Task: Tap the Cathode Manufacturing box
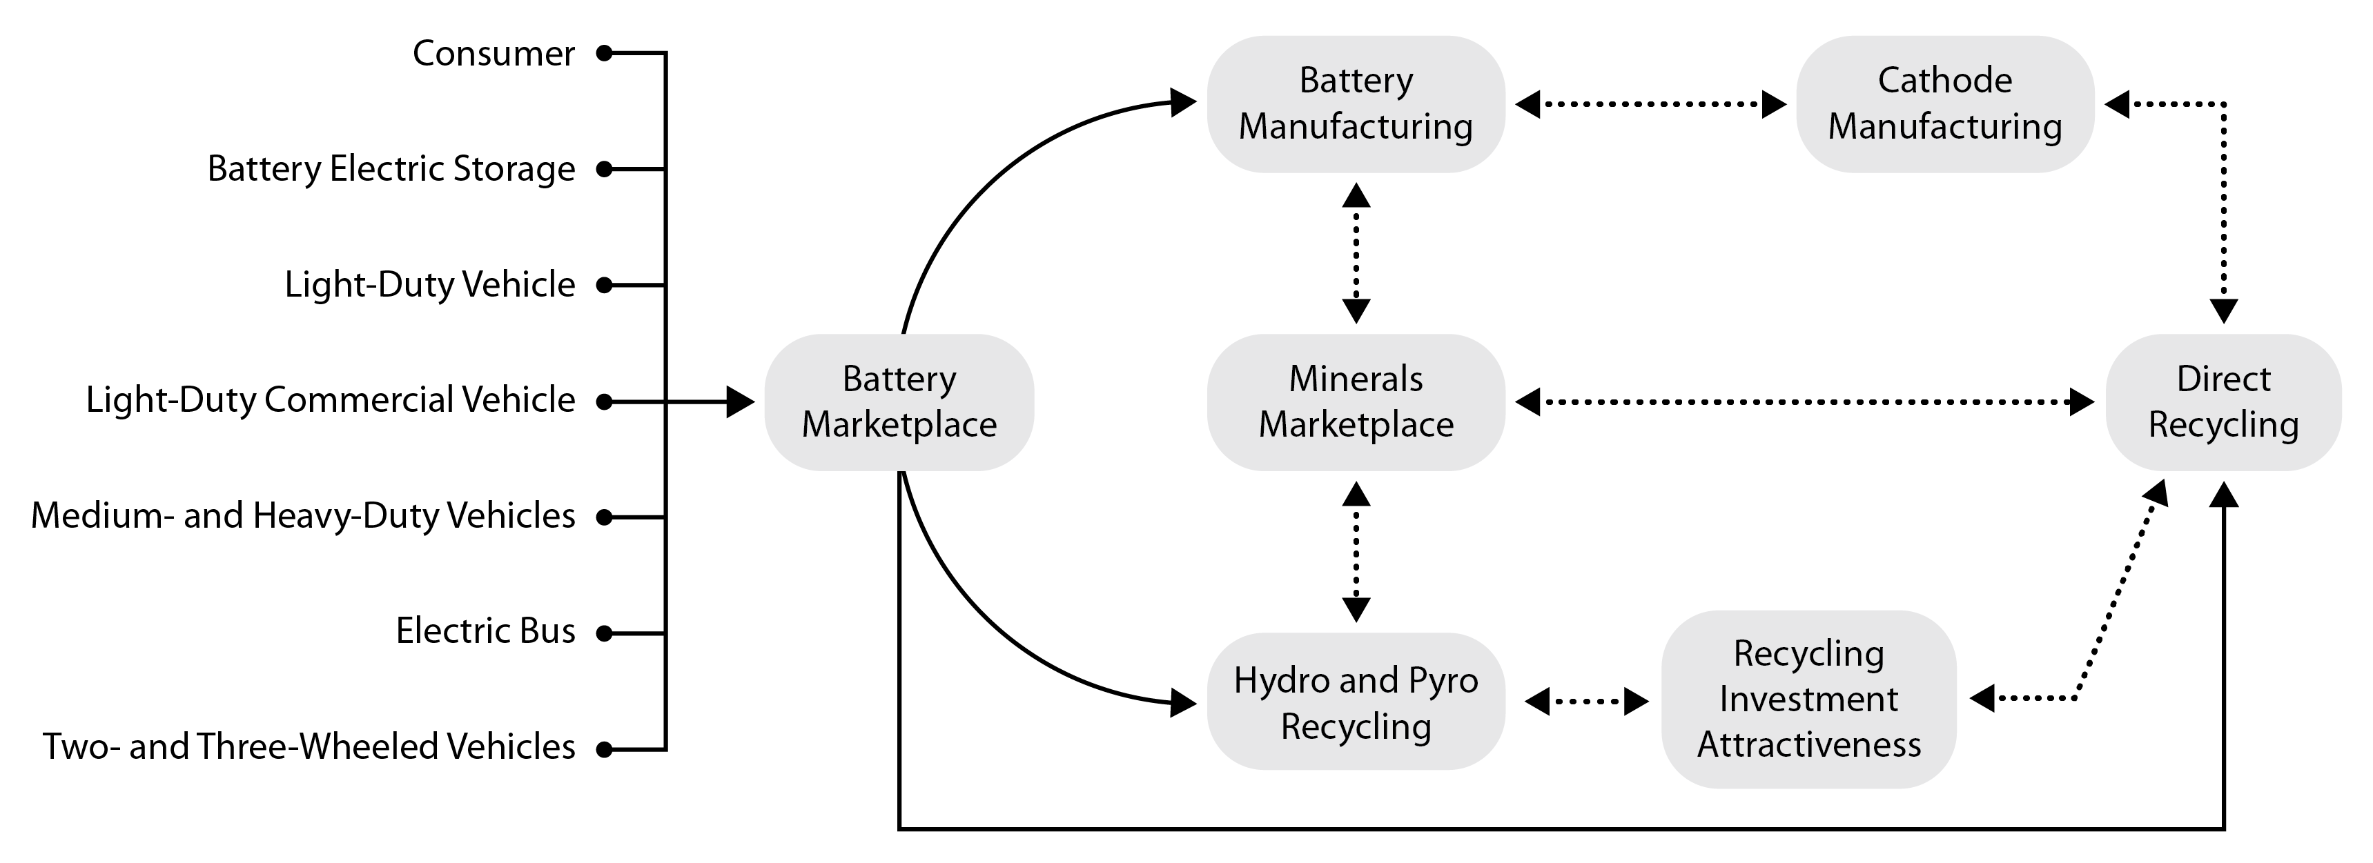pos(1944,103)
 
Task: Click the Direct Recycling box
pos(2222,401)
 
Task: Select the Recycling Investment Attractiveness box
pos(1808,699)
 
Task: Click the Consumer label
pos(493,53)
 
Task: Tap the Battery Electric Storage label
pos(391,168)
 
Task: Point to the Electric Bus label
pos(485,631)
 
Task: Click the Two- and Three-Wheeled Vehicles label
pos(309,746)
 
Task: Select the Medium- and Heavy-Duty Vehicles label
pos(303,516)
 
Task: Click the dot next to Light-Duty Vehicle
pos(605,285)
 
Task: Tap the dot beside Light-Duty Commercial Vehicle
pos(605,401)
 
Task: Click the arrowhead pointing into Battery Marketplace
pos(740,401)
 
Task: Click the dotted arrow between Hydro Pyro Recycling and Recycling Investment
pos(1586,702)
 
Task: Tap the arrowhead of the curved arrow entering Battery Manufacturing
pos(1183,101)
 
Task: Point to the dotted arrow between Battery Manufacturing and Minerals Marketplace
pos(1356,252)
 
